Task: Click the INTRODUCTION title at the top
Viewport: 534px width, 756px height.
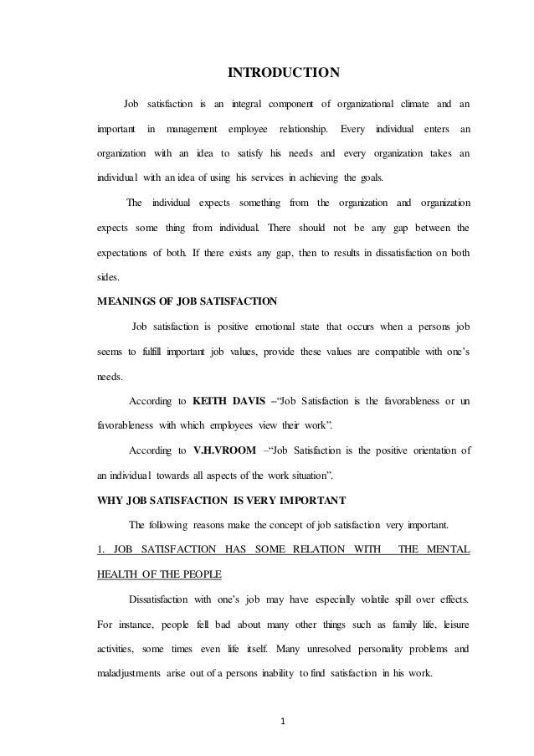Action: [x=285, y=72]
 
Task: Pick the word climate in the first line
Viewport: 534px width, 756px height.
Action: [x=405, y=104]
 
